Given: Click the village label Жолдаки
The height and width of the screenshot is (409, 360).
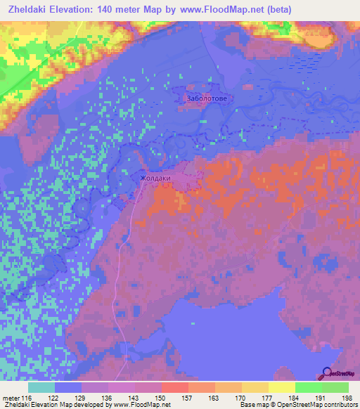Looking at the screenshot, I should [x=155, y=178].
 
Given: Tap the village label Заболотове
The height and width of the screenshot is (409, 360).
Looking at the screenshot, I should [x=206, y=99].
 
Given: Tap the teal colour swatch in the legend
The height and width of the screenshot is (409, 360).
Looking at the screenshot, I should [x=41, y=387].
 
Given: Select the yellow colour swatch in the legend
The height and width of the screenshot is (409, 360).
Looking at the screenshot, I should [x=281, y=387].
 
